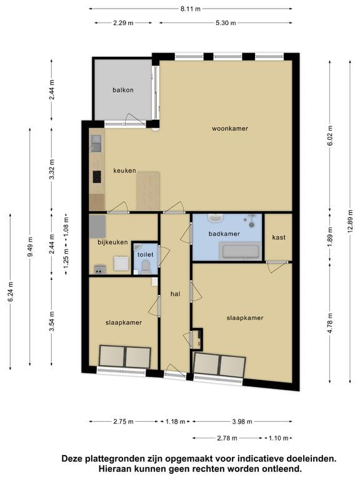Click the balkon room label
(122, 90)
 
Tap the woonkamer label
(230, 129)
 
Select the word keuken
(124, 171)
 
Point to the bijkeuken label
(112, 242)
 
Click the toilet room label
(146, 254)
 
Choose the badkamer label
(224, 234)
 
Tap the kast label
(279, 237)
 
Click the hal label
(176, 294)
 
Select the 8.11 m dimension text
(191, 9)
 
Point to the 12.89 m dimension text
(350, 221)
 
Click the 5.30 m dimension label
(226, 23)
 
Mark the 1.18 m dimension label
(176, 421)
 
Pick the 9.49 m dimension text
(30, 247)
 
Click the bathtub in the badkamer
(241, 252)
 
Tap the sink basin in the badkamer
(216, 218)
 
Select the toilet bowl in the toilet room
(146, 267)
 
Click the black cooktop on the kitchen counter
(97, 177)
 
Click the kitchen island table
(148, 191)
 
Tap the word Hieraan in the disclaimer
(114, 468)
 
